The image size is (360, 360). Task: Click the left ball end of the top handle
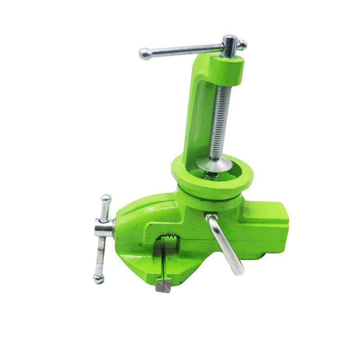tap(144, 54)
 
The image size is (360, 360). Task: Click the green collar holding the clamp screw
tap(232, 67)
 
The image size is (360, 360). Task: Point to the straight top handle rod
tap(184, 49)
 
